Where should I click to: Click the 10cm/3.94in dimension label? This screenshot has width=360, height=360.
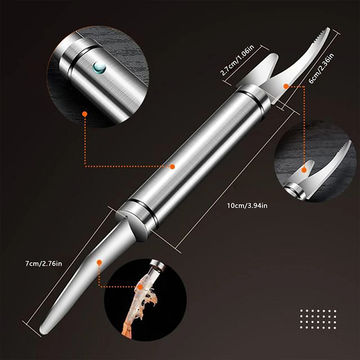point(247,206)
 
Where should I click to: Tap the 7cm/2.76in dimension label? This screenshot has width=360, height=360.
point(44,263)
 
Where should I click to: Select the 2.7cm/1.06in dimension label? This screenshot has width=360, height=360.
point(237,60)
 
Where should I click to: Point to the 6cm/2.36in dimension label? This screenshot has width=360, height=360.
point(321,68)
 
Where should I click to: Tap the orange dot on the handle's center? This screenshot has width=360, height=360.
point(172,166)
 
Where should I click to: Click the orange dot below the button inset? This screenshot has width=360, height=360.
point(85,114)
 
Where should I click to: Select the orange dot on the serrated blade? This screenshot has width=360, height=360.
point(286,86)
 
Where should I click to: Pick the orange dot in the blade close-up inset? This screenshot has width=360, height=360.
point(304,170)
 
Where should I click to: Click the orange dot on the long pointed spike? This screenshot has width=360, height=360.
point(99,262)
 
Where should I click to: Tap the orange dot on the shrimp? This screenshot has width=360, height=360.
point(140,287)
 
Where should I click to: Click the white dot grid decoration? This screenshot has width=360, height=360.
point(318,319)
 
